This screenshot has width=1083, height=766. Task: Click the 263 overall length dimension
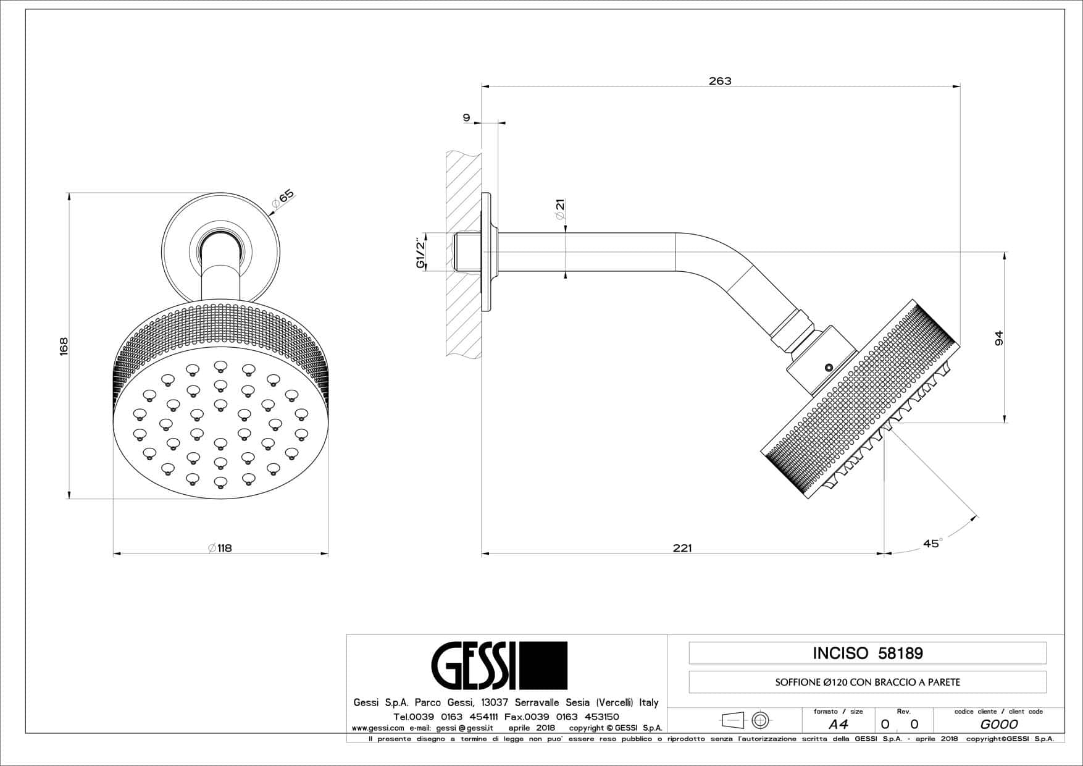coord(720,81)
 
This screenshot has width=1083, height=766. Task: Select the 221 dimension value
coord(682,548)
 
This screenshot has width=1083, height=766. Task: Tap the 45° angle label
coord(932,544)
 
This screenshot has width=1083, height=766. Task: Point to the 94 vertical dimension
coord(1000,339)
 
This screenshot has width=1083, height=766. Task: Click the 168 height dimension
coord(63,346)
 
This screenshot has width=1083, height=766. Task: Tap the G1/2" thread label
coord(421,253)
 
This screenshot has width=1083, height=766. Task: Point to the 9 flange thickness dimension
coord(466,117)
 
